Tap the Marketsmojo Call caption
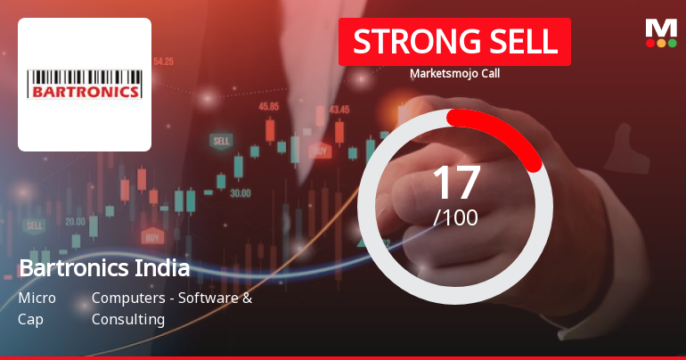454,73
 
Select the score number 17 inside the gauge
455,182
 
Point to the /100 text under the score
455,217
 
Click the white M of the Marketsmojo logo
660,28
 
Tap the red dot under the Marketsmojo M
649,43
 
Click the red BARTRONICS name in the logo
85,91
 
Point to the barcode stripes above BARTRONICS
85,76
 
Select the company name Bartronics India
104,268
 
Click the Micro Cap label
37,308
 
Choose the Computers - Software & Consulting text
171,308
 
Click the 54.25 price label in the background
163,61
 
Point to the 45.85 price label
269,106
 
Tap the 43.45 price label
339,110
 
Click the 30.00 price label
240,192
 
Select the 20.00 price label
75,221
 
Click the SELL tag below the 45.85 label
221,141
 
